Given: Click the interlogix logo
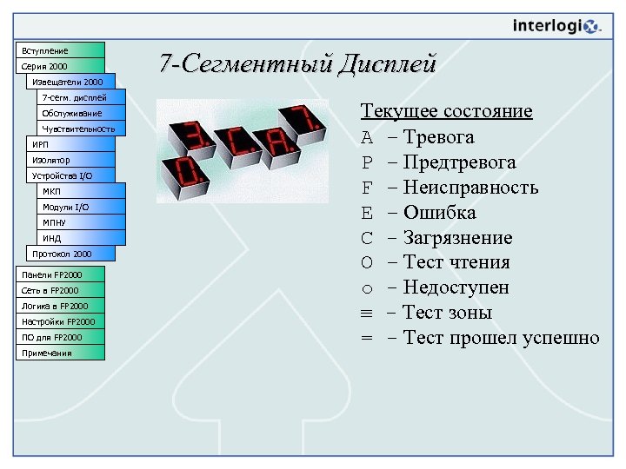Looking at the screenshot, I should click(x=556, y=26).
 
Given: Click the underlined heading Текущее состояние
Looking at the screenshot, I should click(x=446, y=111).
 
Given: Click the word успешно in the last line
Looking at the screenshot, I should click(x=561, y=338).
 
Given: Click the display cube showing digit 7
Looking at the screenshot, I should click(x=305, y=121).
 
